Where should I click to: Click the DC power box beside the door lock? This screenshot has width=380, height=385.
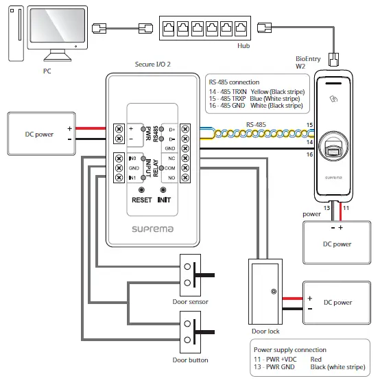click(337, 302)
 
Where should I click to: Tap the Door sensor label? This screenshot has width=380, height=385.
click(190, 302)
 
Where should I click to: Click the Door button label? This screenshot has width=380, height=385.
click(190, 360)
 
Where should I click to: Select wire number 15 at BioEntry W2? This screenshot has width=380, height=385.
click(309, 126)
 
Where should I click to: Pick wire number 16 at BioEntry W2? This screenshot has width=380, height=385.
click(309, 155)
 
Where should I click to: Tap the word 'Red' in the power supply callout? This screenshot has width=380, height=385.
click(316, 358)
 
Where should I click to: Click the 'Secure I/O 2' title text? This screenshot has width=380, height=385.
click(153, 63)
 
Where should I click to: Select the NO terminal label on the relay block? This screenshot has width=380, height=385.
click(171, 177)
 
